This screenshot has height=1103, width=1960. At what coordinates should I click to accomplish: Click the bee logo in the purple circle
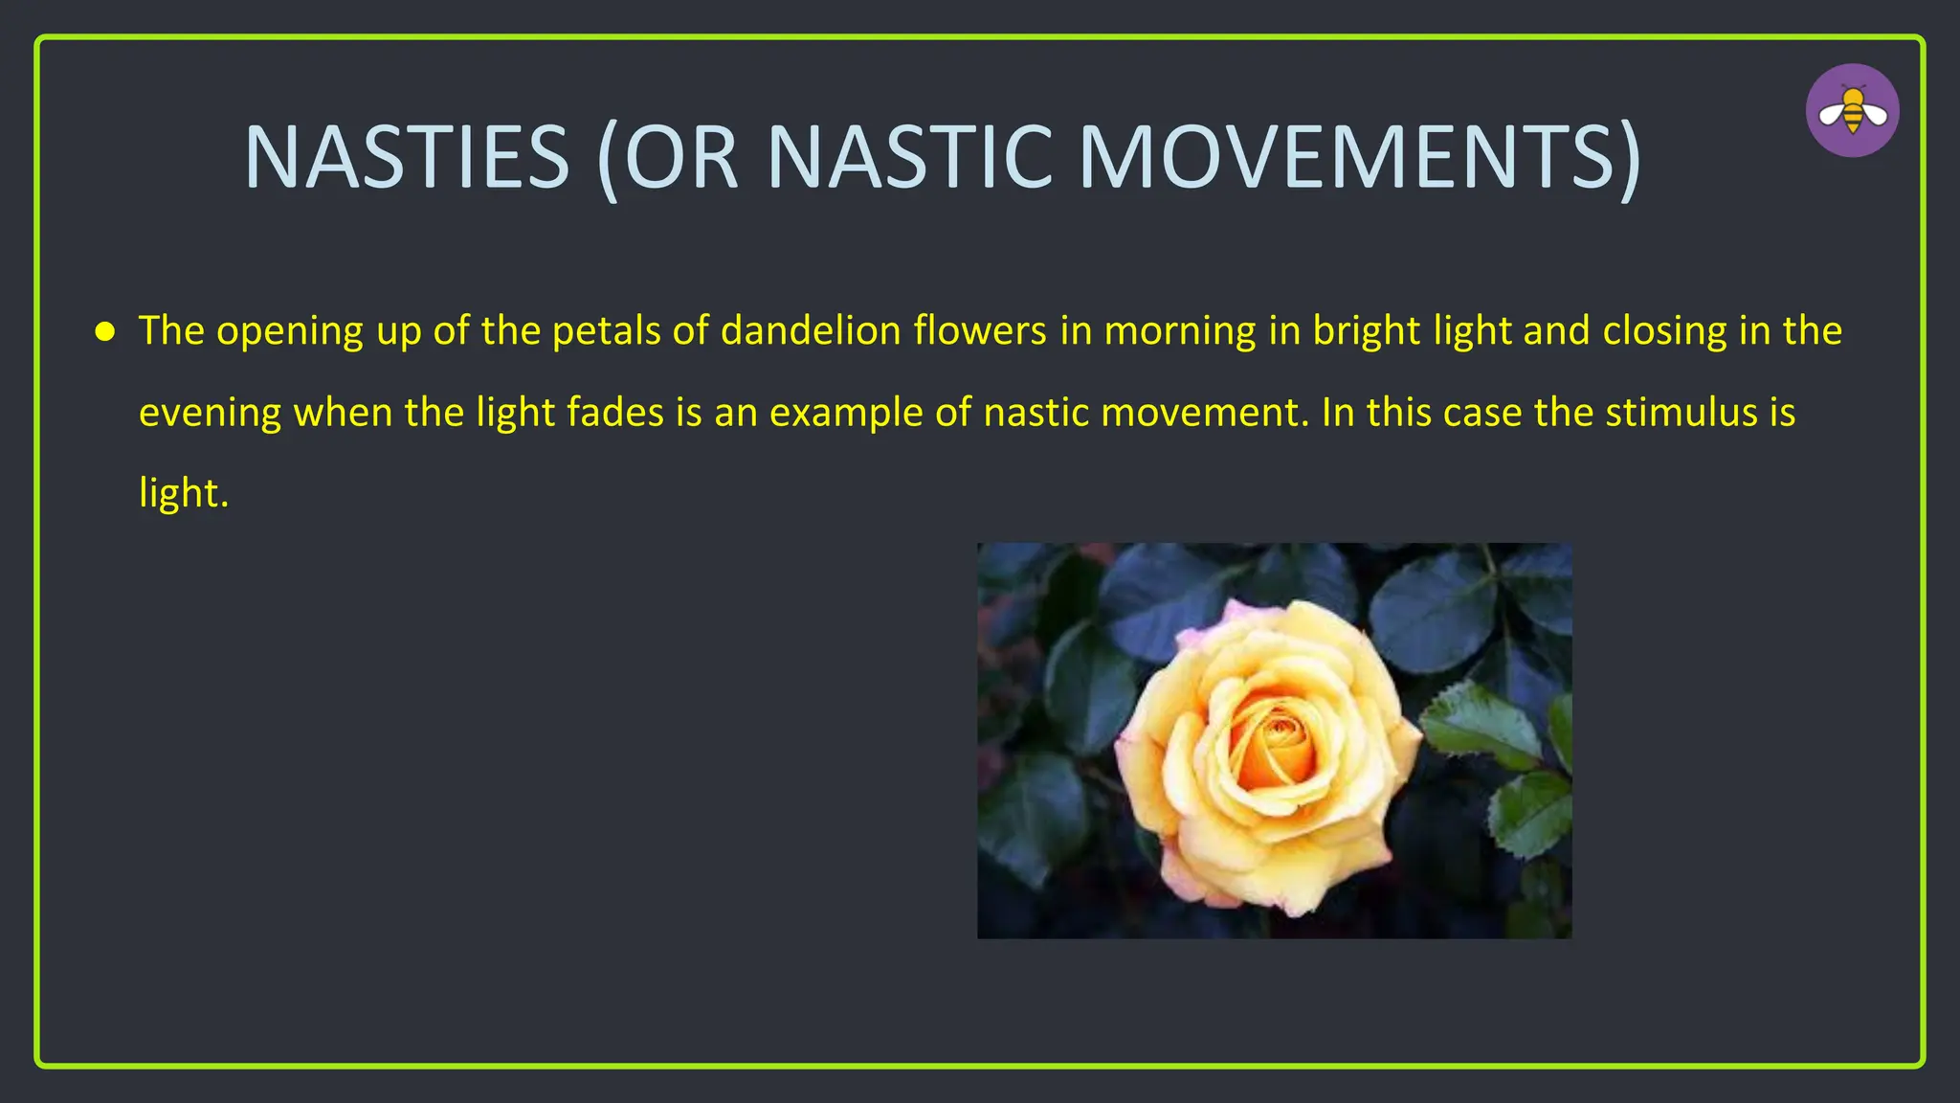coord(1853,111)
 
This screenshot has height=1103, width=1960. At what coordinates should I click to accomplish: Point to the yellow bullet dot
coord(105,332)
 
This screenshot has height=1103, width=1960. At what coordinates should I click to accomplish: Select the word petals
coord(606,330)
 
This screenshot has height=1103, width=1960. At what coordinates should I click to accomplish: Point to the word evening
coord(210,413)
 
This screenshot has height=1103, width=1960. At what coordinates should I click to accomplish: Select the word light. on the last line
coord(184,493)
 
